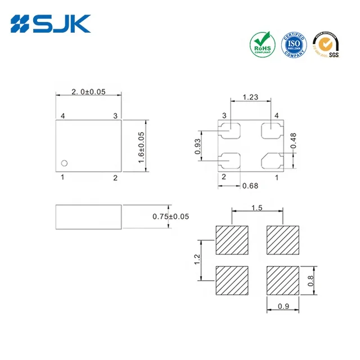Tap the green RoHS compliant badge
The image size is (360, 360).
pyautogui.click(x=262, y=45)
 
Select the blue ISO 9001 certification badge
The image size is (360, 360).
pyautogui.click(x=294, y=44)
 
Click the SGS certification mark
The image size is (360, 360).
pyautogui.click(x=327, y=44)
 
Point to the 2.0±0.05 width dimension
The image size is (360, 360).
pyautogui.click(x=88, y=92)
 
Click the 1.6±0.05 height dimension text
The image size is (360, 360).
pyautogui.click(x=142, y=147)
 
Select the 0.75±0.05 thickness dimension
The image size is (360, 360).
pyautogui.click(x=171, y=216)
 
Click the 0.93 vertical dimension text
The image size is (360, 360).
pyautogui.click(x=198, y=146)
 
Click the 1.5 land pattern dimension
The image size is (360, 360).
pyautogui.click(x=256, y=208)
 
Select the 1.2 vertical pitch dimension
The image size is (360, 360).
pyautogui.click(x=196, y=259)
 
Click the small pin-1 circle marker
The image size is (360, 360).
pyautogui.click(x=65, y=163)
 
